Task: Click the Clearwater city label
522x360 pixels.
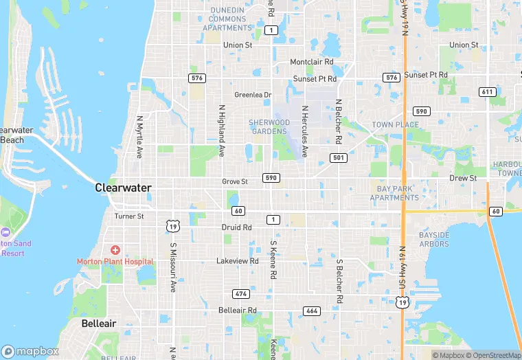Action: point(123,187)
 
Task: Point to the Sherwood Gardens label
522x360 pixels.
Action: point(269,126)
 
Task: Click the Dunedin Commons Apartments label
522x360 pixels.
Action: point(228,19)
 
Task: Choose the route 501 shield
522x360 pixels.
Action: point(337,158)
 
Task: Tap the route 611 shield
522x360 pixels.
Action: point(487,92)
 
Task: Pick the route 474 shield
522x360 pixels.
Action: point(240,294)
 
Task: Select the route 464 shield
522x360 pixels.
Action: point(311,311)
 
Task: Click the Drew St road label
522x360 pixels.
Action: point(463,178)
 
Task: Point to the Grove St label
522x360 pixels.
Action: point(234,181)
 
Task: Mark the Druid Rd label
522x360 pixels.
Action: point(236,227)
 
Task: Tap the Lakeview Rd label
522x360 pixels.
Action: point(237,261)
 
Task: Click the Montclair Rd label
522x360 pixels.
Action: point(311,61)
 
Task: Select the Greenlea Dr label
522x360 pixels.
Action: point(253,95)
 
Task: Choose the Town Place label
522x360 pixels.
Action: point(395,124)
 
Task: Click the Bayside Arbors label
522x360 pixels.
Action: point(434,239)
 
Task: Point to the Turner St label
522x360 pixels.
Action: point(129,216)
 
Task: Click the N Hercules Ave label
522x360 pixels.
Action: point(304,131)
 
